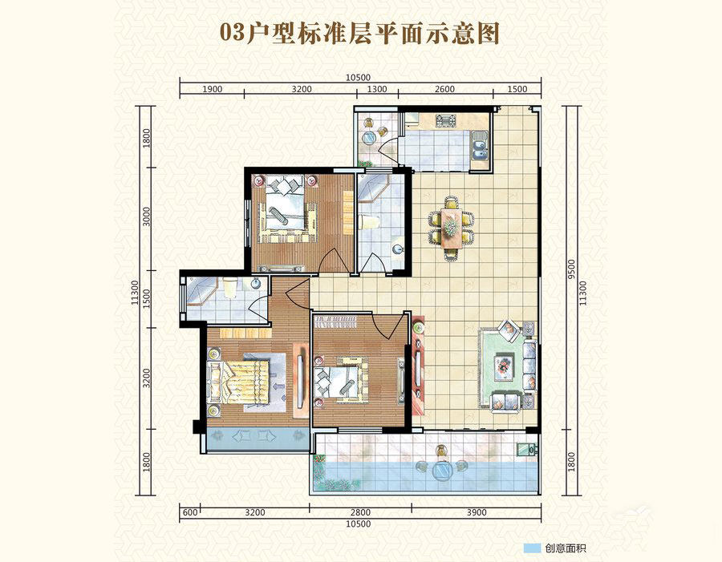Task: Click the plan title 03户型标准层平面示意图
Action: point(360,33)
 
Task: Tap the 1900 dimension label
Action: point(212,89)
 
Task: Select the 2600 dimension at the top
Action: point(444,89)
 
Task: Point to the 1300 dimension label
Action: point(377,89)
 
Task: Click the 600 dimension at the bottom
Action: point(189,512)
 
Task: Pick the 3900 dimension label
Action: point(476,512)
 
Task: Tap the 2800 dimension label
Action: point(360,512)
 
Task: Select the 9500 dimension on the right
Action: point(571,269)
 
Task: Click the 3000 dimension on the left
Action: point(147,216)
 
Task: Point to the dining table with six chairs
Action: point(451,228)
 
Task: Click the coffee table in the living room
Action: point(504,366)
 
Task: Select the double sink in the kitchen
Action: point(480,144)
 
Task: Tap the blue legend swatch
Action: point(532,548)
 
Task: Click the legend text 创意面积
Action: point(566,548)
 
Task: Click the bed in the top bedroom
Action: point(285,212)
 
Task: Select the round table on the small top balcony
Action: point(369,138)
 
